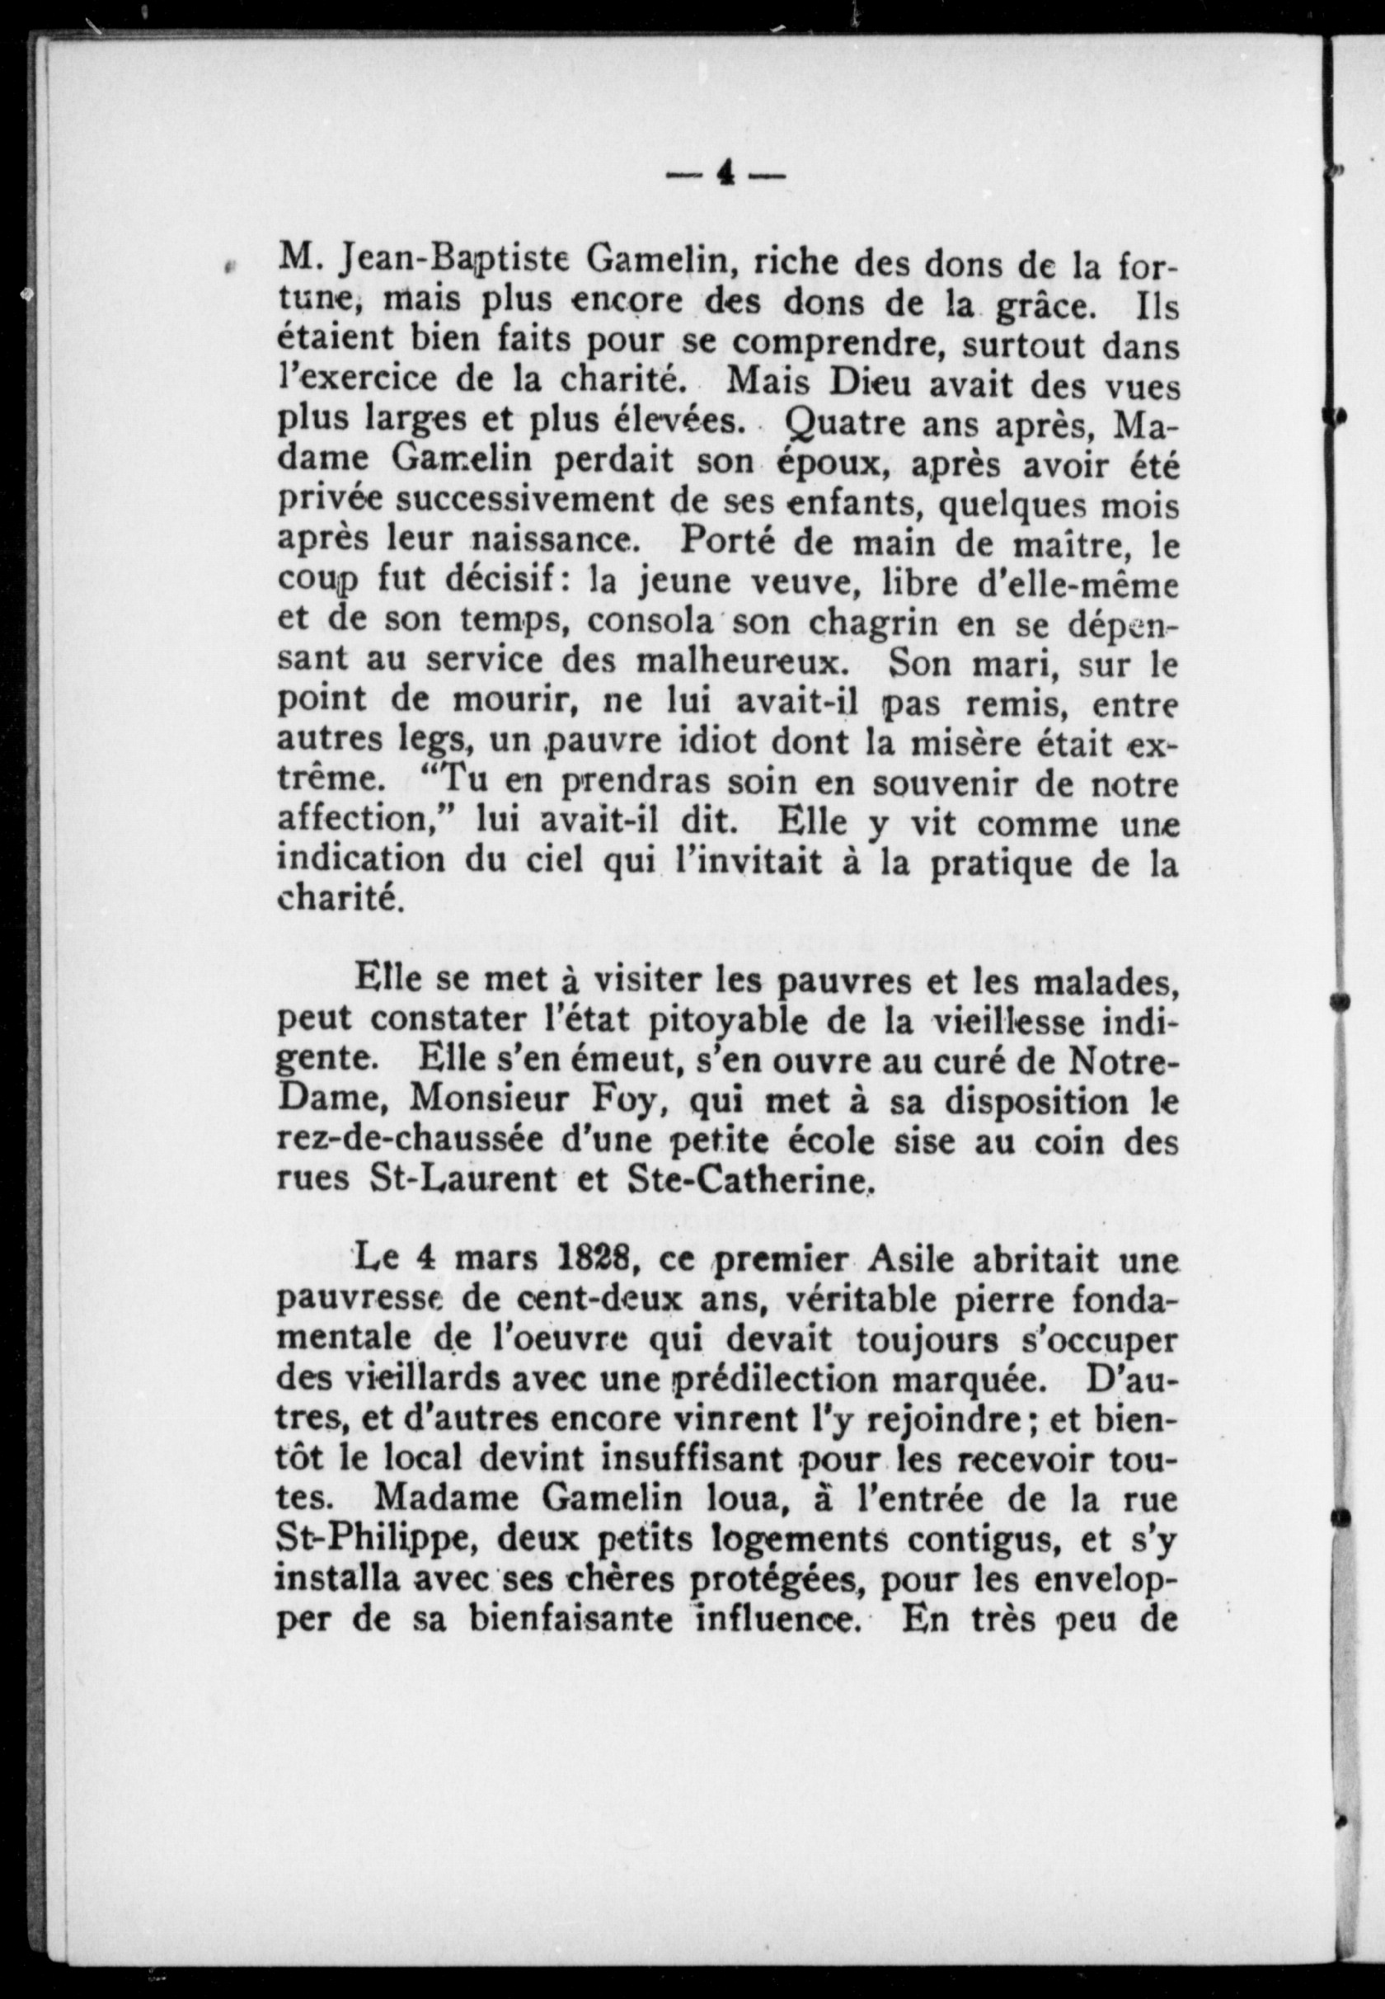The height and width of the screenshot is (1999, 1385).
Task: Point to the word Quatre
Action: point(835,424)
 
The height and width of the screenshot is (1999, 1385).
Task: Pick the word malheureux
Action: point(739,662)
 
